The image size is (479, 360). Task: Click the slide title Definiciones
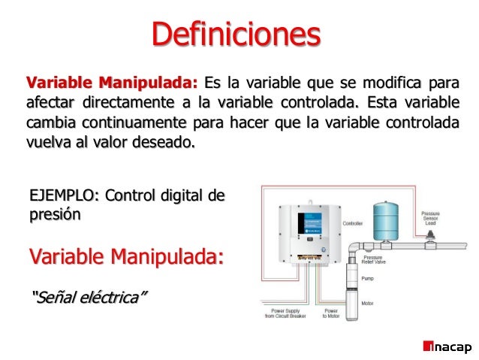tap(236, 34)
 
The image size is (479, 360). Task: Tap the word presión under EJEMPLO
tap(52, 214)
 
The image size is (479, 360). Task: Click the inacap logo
tap(447, 347)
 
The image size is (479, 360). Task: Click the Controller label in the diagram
tap(354, 224)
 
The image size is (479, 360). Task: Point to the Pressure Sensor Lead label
tap(431, 219)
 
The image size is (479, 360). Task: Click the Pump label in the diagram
tap(368, 278)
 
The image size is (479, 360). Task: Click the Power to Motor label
tap(331, 313)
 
